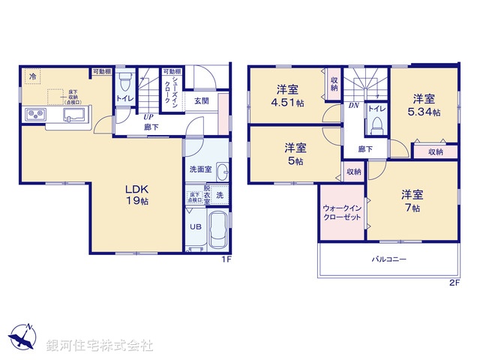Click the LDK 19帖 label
136,195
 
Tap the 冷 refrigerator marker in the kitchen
34,75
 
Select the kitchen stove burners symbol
35,114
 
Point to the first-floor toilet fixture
125,79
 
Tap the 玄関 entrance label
202,101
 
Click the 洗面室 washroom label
199,169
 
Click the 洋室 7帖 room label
411,200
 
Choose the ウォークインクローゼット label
341,212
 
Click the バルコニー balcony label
388,260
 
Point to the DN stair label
353,106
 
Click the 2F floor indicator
454,283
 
